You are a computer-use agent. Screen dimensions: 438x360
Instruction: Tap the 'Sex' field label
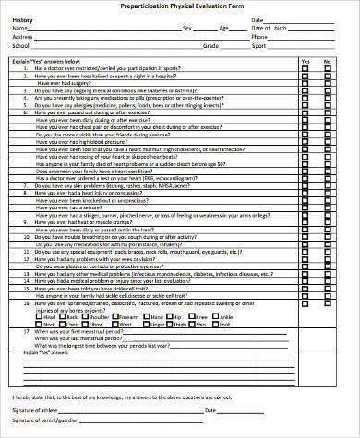[x=187, y=28]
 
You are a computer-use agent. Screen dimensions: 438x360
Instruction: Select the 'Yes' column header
[x=306, y=61]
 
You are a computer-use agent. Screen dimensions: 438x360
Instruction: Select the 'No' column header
[x=328, y=61]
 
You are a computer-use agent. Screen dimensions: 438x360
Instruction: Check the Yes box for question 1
[x=306, y=69]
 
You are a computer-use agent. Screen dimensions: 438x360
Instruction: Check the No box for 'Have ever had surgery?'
[x=328, y=84]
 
